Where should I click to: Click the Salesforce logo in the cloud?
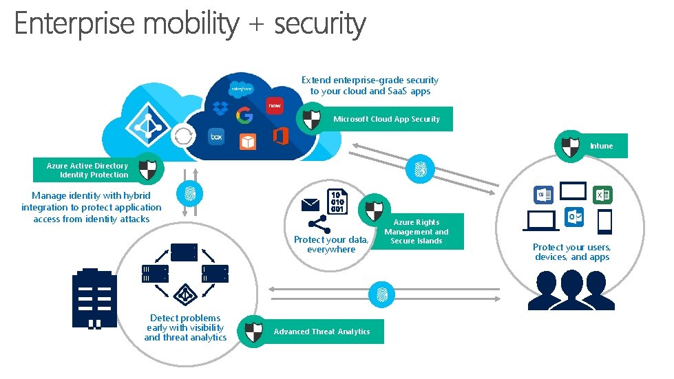click(x=242, y=89)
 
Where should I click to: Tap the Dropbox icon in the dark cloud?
click(x=220, y=109)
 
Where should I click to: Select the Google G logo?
click(x=244, y=115)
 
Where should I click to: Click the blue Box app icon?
click(x=217, y=137)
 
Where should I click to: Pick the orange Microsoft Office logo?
click(x=280, y=136)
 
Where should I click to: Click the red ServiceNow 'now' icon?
click(x=275, y=106)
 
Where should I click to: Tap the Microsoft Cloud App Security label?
click(x=386, y=119)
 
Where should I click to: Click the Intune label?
click(x=600, y=146)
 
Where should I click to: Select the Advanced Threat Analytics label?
click(x=322, y=332)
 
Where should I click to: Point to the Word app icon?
click(x=543, y=196)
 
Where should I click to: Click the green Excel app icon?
click(x=602, y=196)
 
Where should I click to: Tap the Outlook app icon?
click(x=573, y=217)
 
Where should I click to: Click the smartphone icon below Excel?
click(x=604, y=221)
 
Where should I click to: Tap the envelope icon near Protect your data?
click(x=309, y=204)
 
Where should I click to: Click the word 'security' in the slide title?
click(x=320, y=24)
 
